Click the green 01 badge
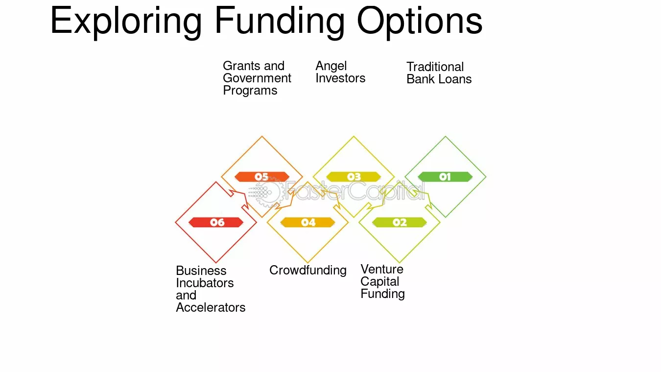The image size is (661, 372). click(445, 177)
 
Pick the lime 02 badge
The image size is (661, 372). click(399, 222)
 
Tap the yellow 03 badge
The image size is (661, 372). click(354, 177)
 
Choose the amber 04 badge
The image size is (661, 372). click(308, 222)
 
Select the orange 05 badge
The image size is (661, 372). click(262, 177)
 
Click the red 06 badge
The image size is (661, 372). click(216, 222)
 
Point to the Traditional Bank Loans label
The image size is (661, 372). click(439, 73)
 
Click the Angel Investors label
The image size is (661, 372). click(340, 72)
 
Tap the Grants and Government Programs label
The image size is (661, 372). click(257, 78)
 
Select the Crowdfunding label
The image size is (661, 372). click(308, 271)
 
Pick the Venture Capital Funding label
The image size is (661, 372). click(382, 282)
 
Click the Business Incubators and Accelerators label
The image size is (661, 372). click(211, 289)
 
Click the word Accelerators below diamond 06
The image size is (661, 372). click(211, 308)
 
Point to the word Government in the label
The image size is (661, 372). click(257, 78)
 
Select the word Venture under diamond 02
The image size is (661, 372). click(382, 269)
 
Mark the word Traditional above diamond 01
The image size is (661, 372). click(435, 67)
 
